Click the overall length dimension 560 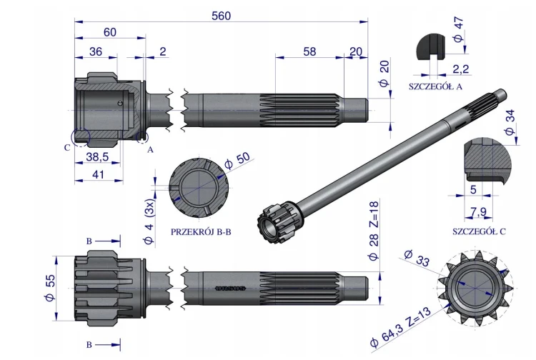click(x=221, y=16)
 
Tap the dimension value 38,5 click(x=97, y=156)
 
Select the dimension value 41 click(x=98, y=174)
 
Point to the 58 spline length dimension click(x=309, y=51)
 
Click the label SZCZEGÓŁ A click(x=435, y=86)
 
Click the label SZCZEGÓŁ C click(x=479, y=231)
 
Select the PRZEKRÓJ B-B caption click(x=201, y=232)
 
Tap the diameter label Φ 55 click(x=50, y=288)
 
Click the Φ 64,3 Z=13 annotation click(x=401, y=326)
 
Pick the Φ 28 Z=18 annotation click(x=374, y=231)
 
